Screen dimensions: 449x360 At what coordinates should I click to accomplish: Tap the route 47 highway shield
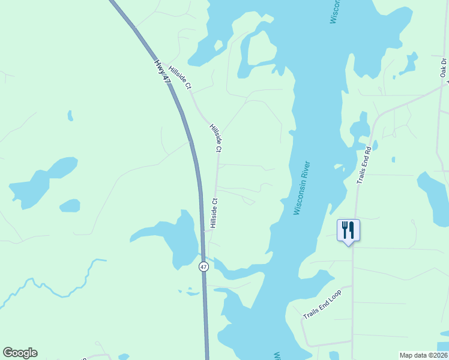tap(204, 266)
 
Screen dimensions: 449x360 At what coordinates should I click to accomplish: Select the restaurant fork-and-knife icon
tap(348, 230)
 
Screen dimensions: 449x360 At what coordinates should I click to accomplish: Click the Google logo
tap(20, 353)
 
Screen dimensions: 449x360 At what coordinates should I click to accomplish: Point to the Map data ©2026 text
tap(424, 355)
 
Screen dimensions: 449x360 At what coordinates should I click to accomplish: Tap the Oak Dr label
tap(444, 68)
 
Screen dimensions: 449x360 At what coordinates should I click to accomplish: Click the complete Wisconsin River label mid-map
tap(301, 188)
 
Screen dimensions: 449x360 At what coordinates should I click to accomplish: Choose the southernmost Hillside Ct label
tap(213, 214)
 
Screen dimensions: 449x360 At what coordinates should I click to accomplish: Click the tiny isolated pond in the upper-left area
tap(70, 115)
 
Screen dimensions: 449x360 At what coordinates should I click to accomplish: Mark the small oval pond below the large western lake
tap(70, 206)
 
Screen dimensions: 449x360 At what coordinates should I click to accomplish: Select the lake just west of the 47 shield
tap(171, 237)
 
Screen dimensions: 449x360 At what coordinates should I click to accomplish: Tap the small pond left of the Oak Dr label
tap(411, 62)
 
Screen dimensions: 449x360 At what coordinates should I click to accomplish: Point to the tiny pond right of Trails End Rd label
tap(393, 160)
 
